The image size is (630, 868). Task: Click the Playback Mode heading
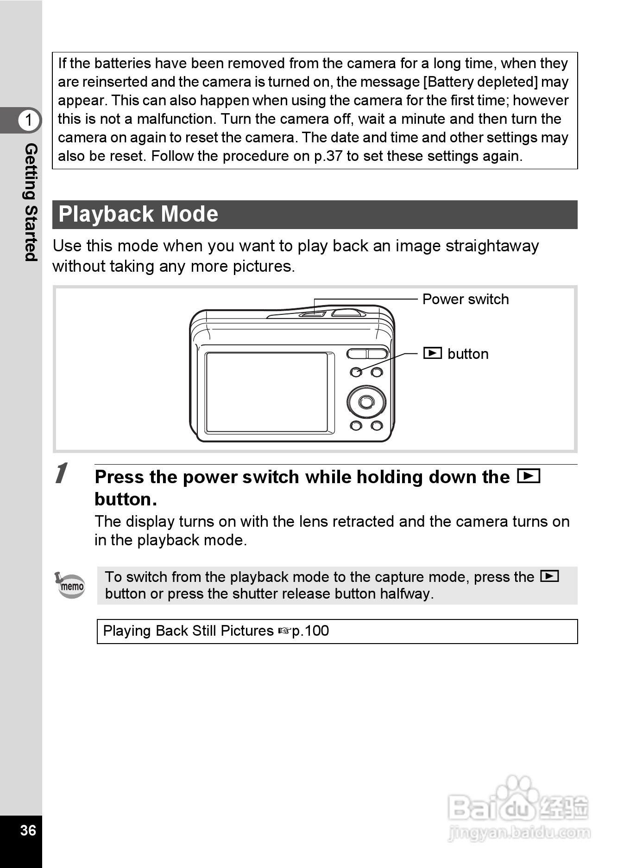pos(138,214)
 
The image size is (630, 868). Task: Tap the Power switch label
pos(465,300)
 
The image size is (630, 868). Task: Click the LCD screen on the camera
pos(267,392)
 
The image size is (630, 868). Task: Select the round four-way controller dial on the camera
pos(366,402)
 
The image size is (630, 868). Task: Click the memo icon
pos(71,585)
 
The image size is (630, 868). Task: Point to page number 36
pos(28,830)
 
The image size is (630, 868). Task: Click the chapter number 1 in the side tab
pos(29,120)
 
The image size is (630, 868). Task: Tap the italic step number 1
pos(61,473)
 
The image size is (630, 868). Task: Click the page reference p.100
pos(310,631)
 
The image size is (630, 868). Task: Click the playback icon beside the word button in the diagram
pos(433,353)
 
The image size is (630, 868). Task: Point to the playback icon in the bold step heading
pos(528,476)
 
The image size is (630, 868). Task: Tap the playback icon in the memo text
pos(549,576)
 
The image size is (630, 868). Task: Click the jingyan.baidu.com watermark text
pos(519,832)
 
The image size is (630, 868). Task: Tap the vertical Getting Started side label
pos(31,202)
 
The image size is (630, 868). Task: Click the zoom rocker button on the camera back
pos(367,354)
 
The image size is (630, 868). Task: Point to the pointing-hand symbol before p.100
pos(284,631)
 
